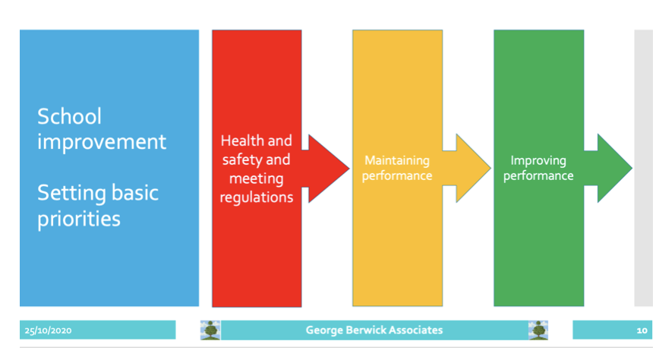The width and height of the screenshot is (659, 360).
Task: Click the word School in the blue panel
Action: pyautogui.click(x=69, y=116)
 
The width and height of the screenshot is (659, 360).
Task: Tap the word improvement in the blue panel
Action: pyautogui.click(x=102, y=142)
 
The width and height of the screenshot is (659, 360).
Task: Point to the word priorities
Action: pyautogui.click(x=79, y=219)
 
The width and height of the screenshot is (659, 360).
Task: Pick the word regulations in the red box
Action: pyautogui.click(x=257, y=197)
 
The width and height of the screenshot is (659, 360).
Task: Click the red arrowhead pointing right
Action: pyautogui.click(x=328, y=168)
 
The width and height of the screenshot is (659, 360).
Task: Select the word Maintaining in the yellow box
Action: pyautogui.click(x=397, y=160)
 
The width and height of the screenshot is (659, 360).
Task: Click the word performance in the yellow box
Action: pyautogui.click(x=397, y=175)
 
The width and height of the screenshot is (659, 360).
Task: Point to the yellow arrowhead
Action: pyautogui.click(x=473, y=168)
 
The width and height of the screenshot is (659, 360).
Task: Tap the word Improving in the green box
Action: pyautogui.click(x=538, y=160)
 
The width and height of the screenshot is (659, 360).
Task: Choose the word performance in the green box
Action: pyautogui.click(x=538, y=175)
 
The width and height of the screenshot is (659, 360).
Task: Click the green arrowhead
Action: pyautogui.click(x=614, y=168)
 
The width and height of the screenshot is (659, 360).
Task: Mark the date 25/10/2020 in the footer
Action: pyautogui.click(x=48, y=330)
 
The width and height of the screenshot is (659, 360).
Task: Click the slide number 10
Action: pyautogui.click(x=642, y=330)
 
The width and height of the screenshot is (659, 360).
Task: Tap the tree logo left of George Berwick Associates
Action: pyautogui.click(x=210, y=330)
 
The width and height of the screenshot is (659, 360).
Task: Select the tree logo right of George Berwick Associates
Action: pyautogui.click(x=538, y=330)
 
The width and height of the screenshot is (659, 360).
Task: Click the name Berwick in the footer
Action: pyautogui.click(x=366, y=330)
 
